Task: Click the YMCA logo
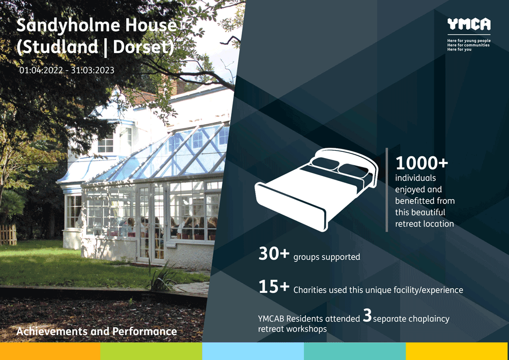469,24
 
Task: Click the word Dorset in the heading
143,47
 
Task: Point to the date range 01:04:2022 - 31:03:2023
67,70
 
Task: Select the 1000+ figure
421,163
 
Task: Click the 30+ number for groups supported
274,254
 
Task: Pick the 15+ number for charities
274,287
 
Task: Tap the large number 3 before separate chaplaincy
367,315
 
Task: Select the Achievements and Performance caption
96,331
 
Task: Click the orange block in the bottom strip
50,351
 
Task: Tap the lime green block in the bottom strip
151,351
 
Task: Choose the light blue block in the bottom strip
253,351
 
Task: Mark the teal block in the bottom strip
355,351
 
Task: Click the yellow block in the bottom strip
457,351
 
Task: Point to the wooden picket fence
8,234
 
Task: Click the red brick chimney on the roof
178,87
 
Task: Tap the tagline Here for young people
469,41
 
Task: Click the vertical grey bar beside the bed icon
387,190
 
